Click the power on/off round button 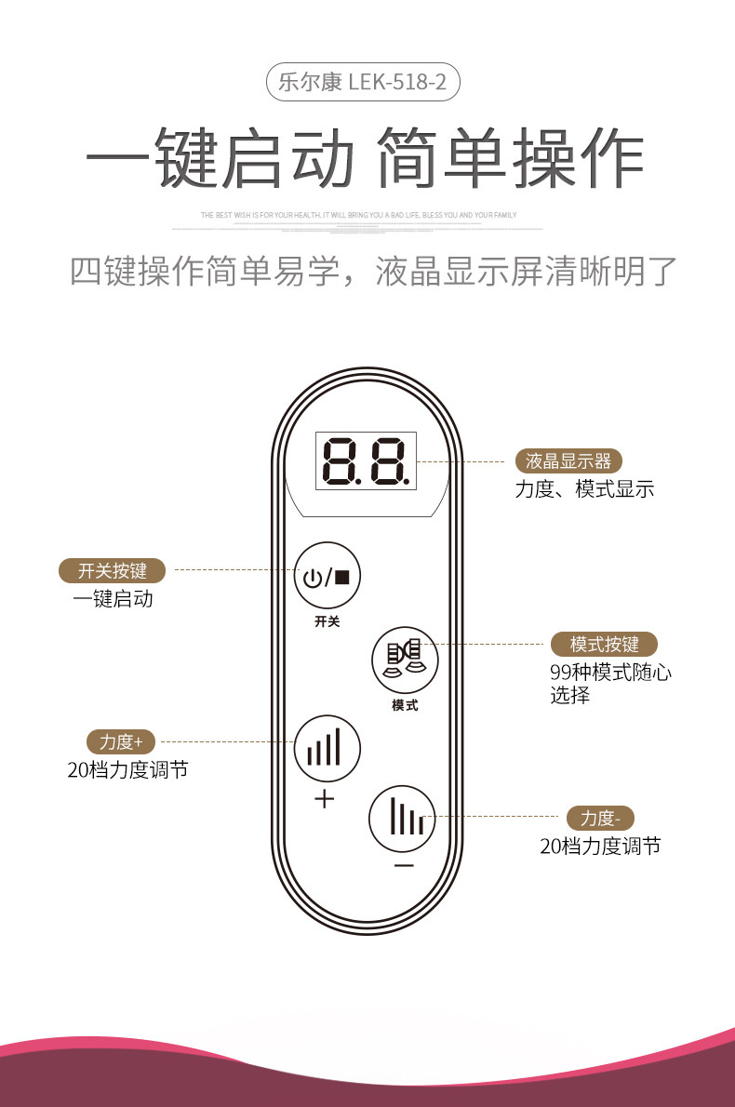327,576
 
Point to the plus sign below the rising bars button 324,798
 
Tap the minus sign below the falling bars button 404,865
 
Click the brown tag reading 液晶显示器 568,460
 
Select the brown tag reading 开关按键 112,570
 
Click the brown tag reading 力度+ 121,741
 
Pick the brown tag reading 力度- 600,818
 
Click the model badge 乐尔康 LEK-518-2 363,83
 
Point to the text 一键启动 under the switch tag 113,599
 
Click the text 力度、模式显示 584,489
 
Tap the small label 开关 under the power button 327,621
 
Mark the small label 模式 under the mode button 405,705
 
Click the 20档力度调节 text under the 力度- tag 600,847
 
